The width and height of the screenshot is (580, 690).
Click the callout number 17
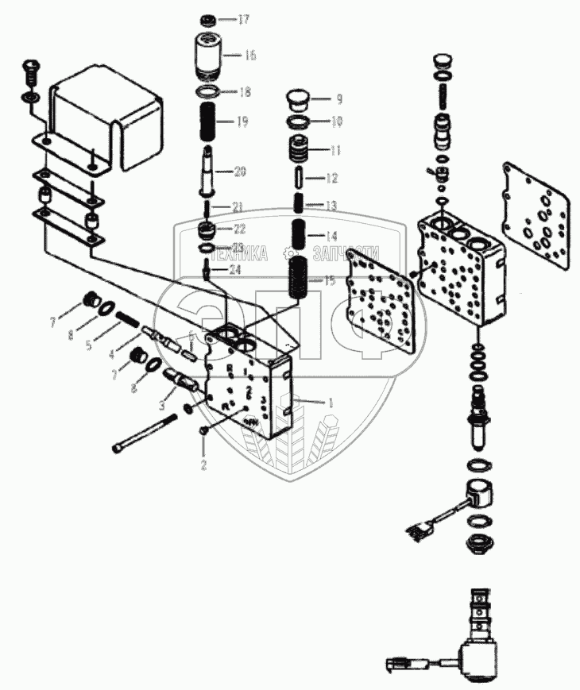(244, 19)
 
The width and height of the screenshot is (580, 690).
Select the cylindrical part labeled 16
(211, 54)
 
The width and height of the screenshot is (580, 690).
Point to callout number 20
(241, 171)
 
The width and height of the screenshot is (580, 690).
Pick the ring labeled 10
(300, 122)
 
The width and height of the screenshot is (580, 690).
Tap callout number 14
(331, 235)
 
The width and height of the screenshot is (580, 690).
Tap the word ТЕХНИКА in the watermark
(238, 253)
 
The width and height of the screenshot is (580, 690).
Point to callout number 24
(235, 270)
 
